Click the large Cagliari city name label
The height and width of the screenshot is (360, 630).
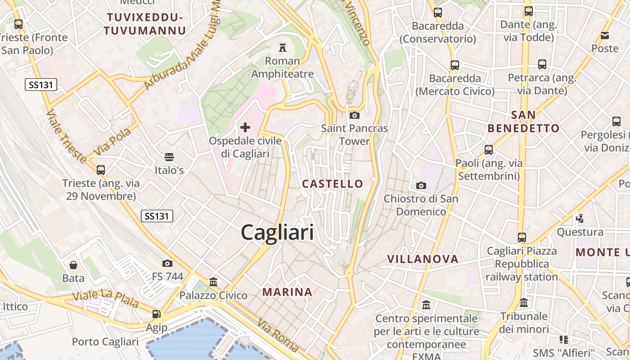click(277, 233)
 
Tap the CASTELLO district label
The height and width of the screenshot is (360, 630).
click(333, 184)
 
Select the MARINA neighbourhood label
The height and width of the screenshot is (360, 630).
click(287, 292)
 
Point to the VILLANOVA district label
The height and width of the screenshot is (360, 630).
click(423, 259)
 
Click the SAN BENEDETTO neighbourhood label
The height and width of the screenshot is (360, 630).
click(523, 121)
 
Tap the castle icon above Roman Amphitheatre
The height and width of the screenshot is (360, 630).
click(283, 47)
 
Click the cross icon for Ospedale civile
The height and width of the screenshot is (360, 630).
click(245, 127)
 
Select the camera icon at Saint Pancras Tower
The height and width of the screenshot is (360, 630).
click(355, 115)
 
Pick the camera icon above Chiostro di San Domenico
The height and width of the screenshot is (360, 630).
click(421, 185)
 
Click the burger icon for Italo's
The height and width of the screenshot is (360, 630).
click(169, 157)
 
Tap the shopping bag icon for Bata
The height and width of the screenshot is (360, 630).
click(73, 265)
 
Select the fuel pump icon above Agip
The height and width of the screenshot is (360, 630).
click(157, 314)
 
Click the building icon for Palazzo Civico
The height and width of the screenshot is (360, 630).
click(213, 282)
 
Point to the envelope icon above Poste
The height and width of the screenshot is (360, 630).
click(605, 35)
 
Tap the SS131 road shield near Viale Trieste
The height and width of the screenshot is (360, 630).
click(40, 85)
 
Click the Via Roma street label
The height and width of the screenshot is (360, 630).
click(278, 335)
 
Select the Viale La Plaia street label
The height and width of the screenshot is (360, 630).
click(105, 299)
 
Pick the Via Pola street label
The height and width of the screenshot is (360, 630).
click(112, 142)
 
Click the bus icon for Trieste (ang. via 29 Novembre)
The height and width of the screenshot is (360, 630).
click(101, 170)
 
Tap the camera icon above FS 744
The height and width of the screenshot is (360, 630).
click(167, 263)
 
